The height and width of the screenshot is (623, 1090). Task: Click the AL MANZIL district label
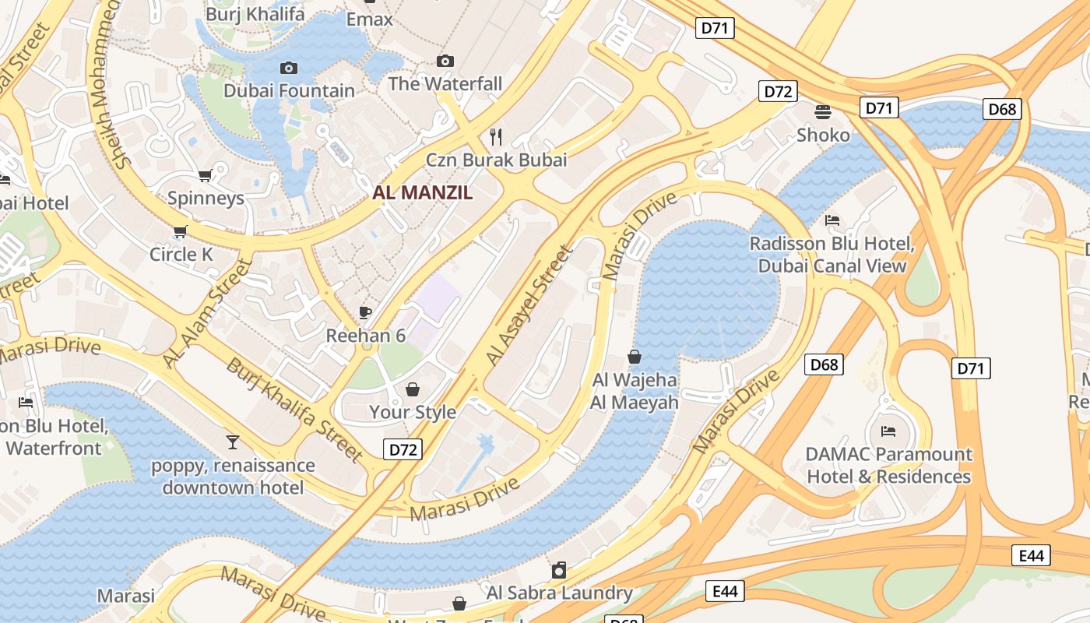tap(423, 192)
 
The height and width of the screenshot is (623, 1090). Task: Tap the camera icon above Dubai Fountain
tap(289, 69)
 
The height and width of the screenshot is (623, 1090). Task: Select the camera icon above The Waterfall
tap(445, 61)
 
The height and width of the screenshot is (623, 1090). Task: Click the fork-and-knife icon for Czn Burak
tap(496, 137)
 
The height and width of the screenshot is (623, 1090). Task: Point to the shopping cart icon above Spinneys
tap(205, 176)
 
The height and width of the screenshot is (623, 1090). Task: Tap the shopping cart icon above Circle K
tap(181, 231)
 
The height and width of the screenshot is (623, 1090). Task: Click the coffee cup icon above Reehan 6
tap(365, 313)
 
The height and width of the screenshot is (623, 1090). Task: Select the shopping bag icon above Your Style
tap(412, 389)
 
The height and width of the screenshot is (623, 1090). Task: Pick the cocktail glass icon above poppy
tap(233, 442)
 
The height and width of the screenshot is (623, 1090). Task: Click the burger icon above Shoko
tap(823, 112)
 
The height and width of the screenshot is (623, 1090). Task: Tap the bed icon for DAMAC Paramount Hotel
tap(888, 431)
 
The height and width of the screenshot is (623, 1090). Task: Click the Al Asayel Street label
tap(529, 305)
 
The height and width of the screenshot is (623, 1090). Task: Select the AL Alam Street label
tap(208, 313)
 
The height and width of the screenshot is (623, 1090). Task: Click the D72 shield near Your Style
tap(403, 449)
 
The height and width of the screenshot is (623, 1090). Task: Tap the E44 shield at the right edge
tap(1031, 555)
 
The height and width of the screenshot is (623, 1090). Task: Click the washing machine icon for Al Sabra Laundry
tap(559, 570)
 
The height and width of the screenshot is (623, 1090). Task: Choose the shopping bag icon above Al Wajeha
tap(635, 357)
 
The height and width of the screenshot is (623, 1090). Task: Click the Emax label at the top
tap(370, 19)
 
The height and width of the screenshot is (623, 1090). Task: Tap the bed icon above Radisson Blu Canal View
tap(832, 220)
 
